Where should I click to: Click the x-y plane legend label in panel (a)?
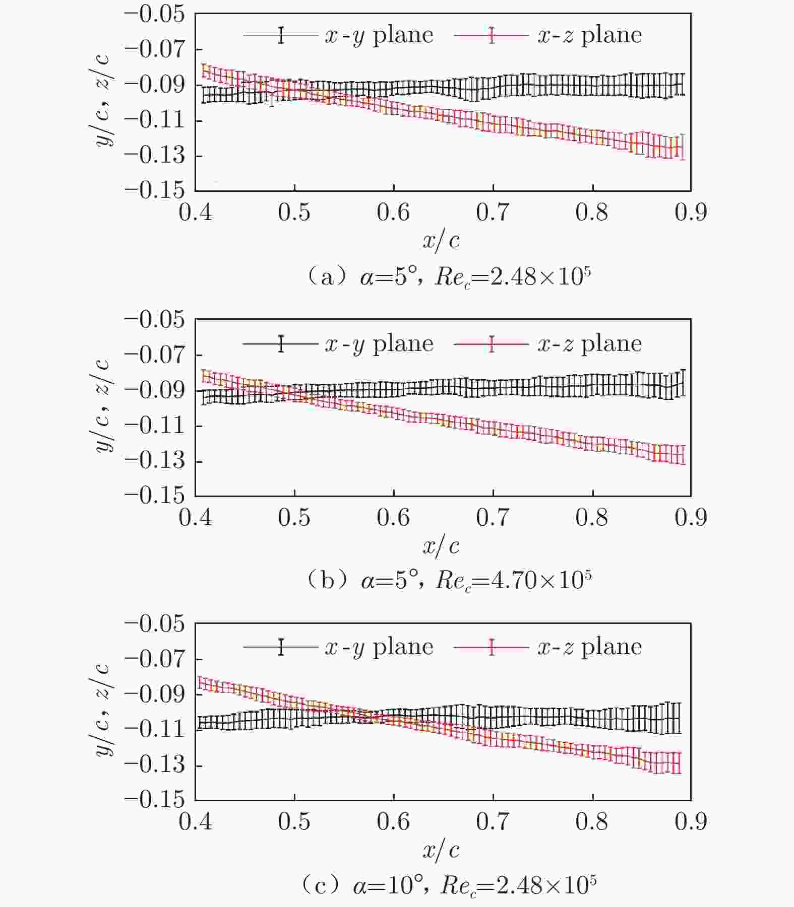pos(379,35)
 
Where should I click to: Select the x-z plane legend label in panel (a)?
pos(590,35)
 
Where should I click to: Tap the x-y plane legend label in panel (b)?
pos(379,344)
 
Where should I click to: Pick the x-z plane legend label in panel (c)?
pos(590,647)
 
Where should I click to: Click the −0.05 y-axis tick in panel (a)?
pos(155,14)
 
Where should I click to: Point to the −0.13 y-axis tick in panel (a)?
pos(155,156)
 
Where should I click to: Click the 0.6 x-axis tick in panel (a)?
pos(393,213)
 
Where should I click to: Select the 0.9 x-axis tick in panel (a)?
pos(691,213)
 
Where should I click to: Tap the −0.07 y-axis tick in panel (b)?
pos(155,355)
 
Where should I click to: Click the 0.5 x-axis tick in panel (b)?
pos(294,518)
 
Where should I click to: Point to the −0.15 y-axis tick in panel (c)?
pos(155,800)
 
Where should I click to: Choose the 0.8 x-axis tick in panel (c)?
pos(592,822)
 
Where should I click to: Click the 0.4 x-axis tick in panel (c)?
pos(196,822)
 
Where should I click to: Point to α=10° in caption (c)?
pos(387,885)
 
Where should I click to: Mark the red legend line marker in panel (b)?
pos(492,344)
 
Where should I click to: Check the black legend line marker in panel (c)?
pos(281,647)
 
